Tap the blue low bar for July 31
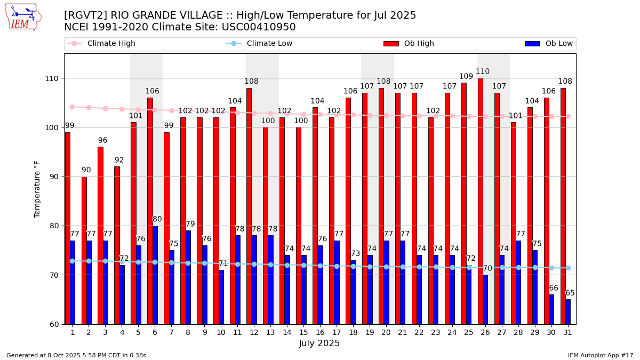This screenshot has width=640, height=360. coord(568,311)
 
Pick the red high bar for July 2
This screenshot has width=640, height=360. coord(84,250)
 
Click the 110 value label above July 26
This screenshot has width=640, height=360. coord(483,71)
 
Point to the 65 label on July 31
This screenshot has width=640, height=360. coord(570,293)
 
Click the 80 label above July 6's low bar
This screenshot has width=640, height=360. coord(157,219)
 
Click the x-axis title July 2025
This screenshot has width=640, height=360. coord(319,343)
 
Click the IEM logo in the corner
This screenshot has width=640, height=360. coord(23,17)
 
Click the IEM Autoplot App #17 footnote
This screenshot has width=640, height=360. coord(600,355)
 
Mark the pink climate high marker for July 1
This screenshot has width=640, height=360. coord(72,107)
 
